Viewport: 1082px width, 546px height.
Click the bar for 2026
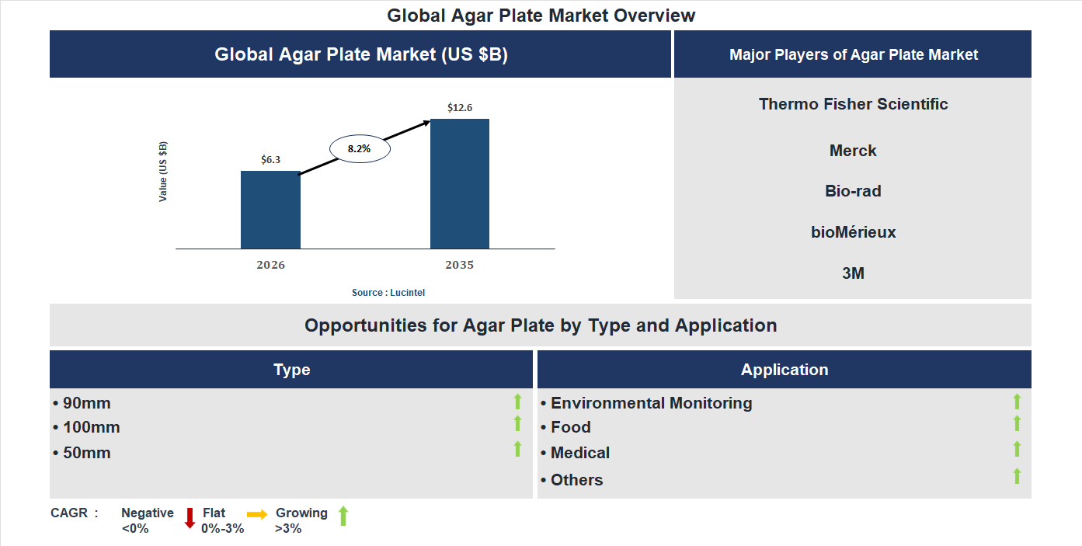270,210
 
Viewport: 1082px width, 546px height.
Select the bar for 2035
460,184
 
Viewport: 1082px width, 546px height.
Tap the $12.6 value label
460,107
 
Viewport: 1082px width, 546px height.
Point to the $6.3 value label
270,159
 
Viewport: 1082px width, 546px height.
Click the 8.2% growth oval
359,148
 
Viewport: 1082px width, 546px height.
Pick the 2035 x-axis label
459,265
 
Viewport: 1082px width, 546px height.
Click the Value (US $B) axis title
163,172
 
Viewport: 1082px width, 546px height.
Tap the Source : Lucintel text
388,293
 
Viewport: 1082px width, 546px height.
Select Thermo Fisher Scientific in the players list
853,104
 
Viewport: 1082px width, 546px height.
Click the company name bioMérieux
853,232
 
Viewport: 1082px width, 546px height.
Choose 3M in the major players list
853,273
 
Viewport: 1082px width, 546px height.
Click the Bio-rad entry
853,191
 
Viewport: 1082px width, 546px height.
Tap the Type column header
291,370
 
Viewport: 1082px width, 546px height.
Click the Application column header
784,370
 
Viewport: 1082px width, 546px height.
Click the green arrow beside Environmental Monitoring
1017,402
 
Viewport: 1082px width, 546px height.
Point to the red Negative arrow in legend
190,517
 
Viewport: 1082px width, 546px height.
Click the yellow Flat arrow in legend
257,514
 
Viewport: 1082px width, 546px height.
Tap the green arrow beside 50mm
517,448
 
